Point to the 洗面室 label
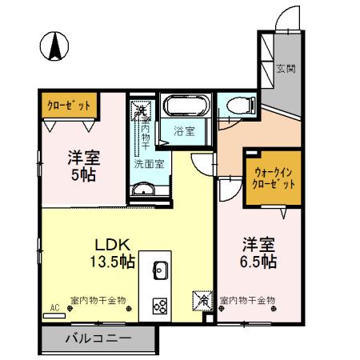pyautogui.click(x=149, y=163)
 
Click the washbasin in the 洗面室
pyautogui.click(x=145, y=190)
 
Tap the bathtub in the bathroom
pyautogui.click(x=186, y=106)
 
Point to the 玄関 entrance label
pyautogui.click(x=286, y=69)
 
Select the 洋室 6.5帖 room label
pyautogui.click(x=258, y=253)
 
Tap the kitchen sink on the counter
pyautogui.click(x=158, y=269)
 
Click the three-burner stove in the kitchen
pyautogui.click(x=158, y=305)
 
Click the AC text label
pyautogui.click(x=55, y=308)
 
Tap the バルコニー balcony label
pyautogui.click(x=98, y=339)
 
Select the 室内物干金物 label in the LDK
pyautogui.click(x=98, y=301)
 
